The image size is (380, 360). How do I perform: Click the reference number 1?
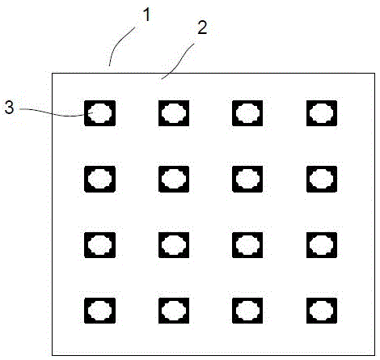coord(146,15)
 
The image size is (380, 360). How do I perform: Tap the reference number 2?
coord(202,28)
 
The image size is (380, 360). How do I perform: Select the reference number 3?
coord(9,108)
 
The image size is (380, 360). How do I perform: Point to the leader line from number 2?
coord(179,61)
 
